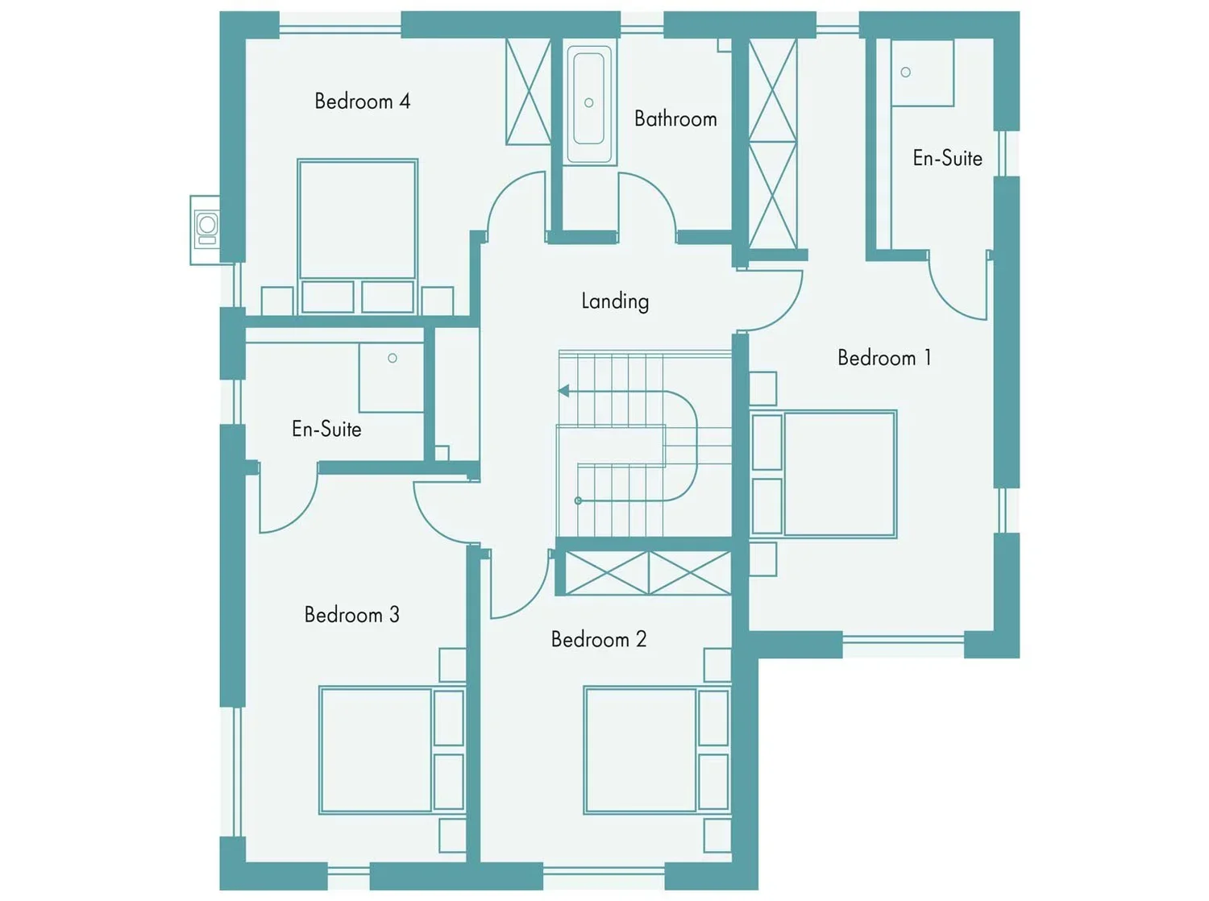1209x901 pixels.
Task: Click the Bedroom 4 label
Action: tap(363, 102)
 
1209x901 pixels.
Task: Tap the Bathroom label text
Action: tap(675, 119)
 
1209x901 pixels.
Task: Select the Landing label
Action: tap(615, 301)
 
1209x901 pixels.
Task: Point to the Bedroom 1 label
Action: tap(884, 358)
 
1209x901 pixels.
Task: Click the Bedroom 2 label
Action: tap(599, 639)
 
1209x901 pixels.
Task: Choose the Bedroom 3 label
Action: tap(352, 615)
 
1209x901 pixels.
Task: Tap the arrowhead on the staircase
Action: tap(563, 391)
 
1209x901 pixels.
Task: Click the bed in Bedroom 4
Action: tap(358, 237)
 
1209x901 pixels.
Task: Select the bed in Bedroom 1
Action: tap(824, 474)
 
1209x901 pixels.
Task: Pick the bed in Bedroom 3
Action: tap(393, 750)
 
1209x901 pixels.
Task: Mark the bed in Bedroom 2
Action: tap(657, 750)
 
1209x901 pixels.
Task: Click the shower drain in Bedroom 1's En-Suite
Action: tap(905, 73)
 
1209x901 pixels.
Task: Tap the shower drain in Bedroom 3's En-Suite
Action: tap(393, 359)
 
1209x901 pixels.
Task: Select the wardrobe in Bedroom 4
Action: tap(528, 91)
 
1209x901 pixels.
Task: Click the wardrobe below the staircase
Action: tap(648, 573)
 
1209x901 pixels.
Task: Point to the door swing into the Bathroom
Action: tap(648, 205)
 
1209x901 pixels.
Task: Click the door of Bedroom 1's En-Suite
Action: tap(958, 285)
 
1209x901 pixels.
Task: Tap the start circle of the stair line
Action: tap(579, 501)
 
